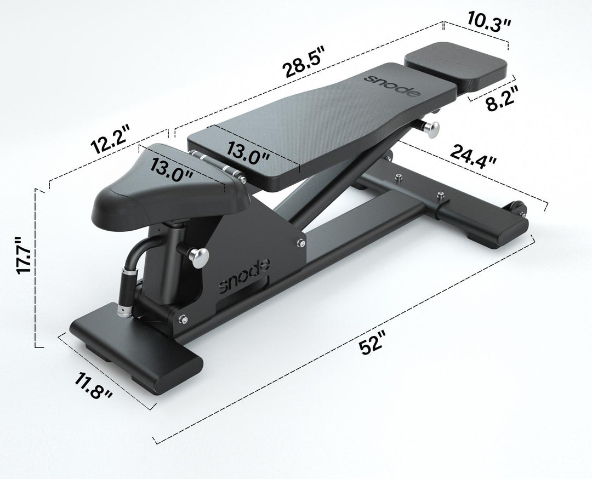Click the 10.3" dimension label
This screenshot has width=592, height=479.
(x=489, y=22)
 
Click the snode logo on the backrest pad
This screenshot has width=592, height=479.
(x=393, y=85)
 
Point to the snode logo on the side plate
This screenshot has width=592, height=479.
(x=244, y=277)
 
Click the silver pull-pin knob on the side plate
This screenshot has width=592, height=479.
(x=198, y=256)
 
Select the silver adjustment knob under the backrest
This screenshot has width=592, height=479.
(x=432, y=129)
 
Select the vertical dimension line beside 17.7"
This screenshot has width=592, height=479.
(x=36, y=269)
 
